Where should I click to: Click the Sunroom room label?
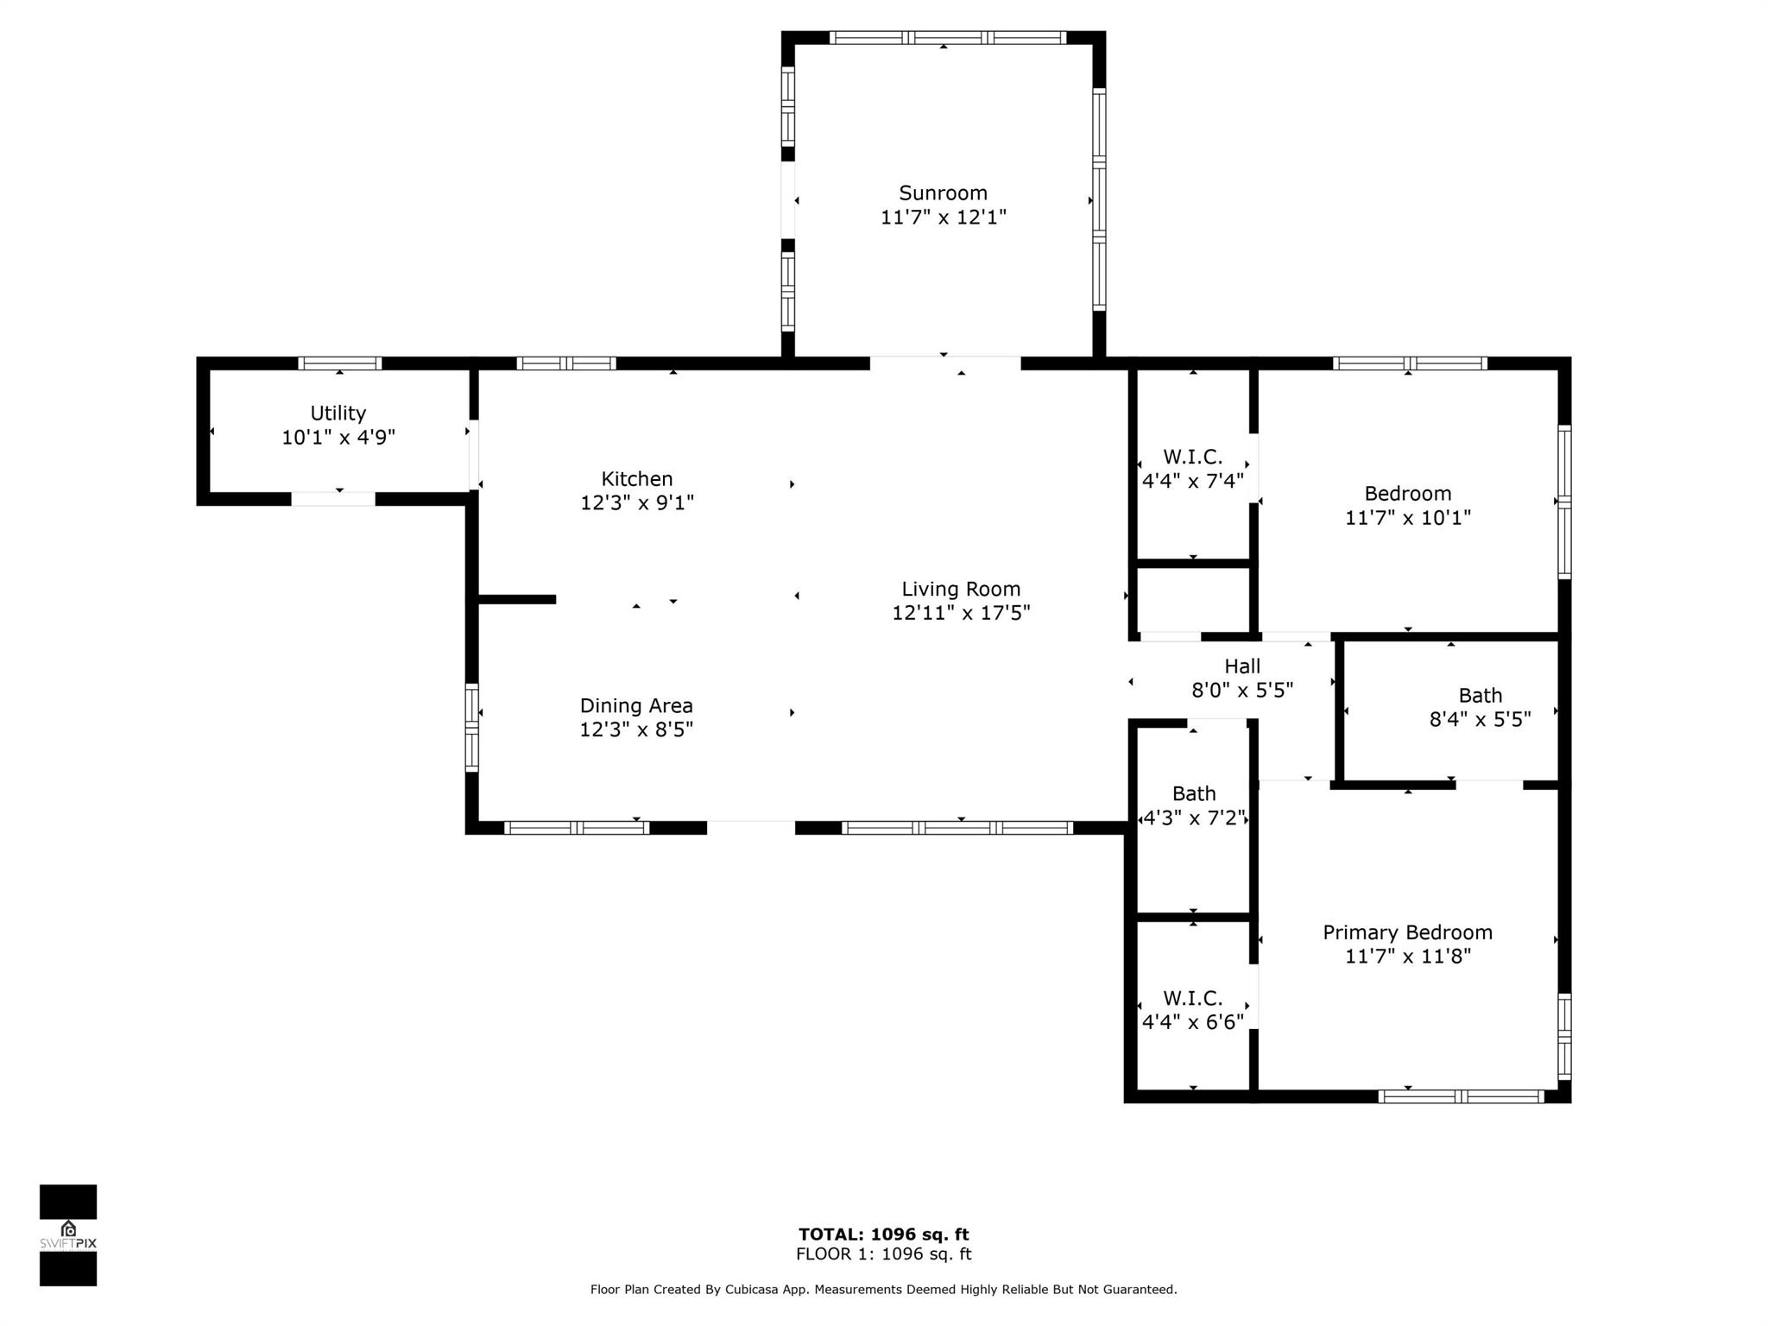943,193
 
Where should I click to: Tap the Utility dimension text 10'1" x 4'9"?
338,438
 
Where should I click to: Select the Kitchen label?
637,478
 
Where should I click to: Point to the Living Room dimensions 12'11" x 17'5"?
961,613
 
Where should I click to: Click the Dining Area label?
636,705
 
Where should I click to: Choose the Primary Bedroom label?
1407,932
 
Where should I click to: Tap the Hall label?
1242,666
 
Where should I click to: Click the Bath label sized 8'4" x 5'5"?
1481,695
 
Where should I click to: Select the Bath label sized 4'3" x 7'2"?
1194,793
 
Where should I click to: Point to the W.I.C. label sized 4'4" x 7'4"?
1193,457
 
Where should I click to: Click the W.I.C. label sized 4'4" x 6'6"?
1193,998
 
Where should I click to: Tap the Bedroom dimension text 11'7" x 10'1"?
1408,518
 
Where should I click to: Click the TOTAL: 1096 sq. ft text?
883,1234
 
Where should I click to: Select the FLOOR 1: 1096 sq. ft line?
883,1254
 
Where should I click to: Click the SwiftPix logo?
68,1235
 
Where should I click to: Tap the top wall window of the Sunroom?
947,37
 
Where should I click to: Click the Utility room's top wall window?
340,363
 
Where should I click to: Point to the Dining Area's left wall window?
472,727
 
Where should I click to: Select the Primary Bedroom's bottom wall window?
1461,1096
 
